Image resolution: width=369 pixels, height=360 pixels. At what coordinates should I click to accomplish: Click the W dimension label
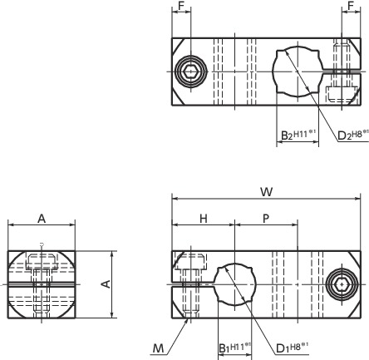pyautogui.click(x=267, y=192)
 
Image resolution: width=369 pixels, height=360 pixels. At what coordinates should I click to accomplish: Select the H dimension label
pyautogui.click(x=204, y=219)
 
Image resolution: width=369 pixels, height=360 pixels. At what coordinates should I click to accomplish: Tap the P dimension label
pyautogui.click(x=266, y=219)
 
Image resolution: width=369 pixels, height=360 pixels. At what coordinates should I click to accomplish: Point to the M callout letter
pyautogui.click(x=158, y=348)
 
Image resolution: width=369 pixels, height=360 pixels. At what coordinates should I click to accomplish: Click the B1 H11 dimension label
pyautogui.click(x=235, y=348)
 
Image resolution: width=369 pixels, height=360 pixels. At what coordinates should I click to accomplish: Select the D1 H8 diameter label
pyautogui.click(x=293, y=348)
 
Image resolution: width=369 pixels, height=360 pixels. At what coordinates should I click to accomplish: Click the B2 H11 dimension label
pyautogui.click(x=298, y=135)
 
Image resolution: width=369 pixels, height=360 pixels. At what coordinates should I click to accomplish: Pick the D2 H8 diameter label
pyautogui.click(x=353, y=135)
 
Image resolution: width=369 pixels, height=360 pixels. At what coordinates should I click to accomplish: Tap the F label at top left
pyautogui.click(x=181, y=6)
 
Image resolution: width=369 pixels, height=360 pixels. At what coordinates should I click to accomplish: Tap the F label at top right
pyautogui.click(x=351, y=6)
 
